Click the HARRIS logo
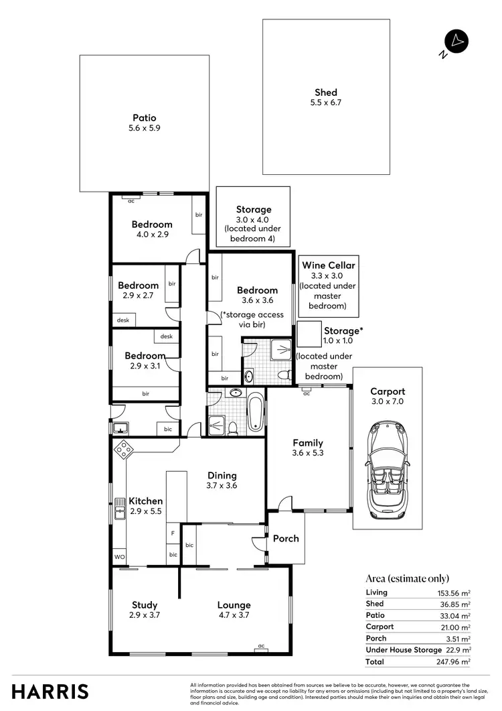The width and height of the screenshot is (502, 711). click(x=50, y=691)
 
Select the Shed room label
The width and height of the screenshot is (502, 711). click(x=326, y=92)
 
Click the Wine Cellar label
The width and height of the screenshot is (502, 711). click(x=328, y=265)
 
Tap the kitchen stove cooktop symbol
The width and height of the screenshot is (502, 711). click(x=123, y=450)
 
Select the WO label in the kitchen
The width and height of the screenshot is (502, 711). click(x=119, y=557)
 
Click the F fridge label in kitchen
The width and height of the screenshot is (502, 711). click(x=173, y=534)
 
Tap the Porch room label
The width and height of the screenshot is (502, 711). click(x=286, y=538)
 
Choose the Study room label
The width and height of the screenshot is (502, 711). click(x=145, y=605)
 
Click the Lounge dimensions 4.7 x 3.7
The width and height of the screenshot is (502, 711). click(x=234, y=615)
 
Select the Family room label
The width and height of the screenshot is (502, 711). click(x=308, y=443)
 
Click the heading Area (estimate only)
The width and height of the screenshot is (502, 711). click(x=407, y=578)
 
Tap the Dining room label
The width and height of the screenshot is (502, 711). click(x=222, y=475)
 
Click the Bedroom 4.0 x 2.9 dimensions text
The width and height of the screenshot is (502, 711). click(x=151, y=235)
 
